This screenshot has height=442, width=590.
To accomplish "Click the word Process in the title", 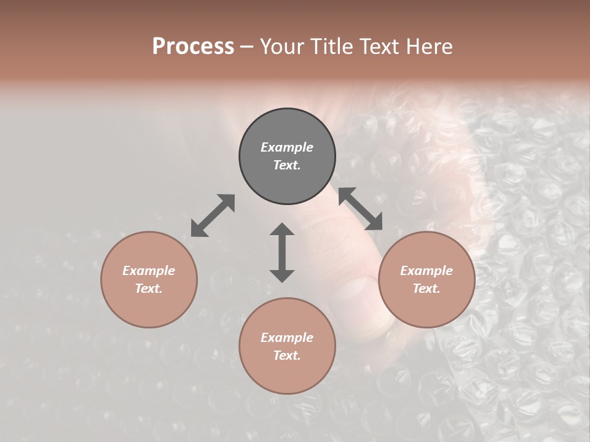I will (x=193, y=47).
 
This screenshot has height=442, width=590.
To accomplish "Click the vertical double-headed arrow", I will (x=282, y=252).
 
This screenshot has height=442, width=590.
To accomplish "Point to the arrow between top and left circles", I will (x=213, y=215).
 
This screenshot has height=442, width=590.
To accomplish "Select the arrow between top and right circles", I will (x=360, y=209).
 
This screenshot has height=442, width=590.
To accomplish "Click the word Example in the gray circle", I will (x=287, y=147).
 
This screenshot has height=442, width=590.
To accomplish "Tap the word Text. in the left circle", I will (x=149, y=289).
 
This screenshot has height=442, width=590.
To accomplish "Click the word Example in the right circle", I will (x=427, y=271).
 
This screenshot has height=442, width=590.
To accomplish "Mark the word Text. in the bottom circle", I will (x=287, y=355).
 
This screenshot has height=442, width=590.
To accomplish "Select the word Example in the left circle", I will (x=149, y=271).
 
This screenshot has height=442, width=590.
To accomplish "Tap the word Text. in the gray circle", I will (x=287, y=165).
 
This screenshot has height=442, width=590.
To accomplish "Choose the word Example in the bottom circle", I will (x=287, y=338).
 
